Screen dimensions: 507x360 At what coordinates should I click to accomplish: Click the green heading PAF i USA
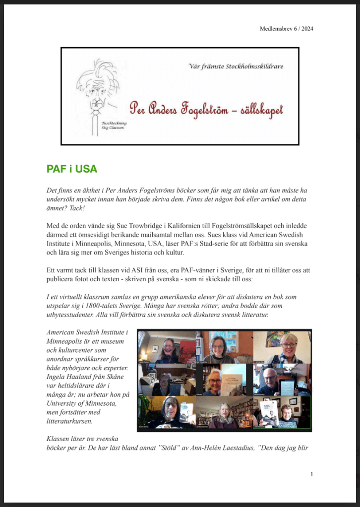click(x=71, y=169)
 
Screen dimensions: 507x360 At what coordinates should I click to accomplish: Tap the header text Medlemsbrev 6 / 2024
click(x=286, y=29)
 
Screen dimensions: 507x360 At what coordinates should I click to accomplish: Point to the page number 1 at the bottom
click(x=312, y=474)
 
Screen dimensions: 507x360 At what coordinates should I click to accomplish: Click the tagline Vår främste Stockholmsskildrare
click(x=236, y=66)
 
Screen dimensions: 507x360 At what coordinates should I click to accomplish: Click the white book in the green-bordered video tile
click(x=270, y=412)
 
